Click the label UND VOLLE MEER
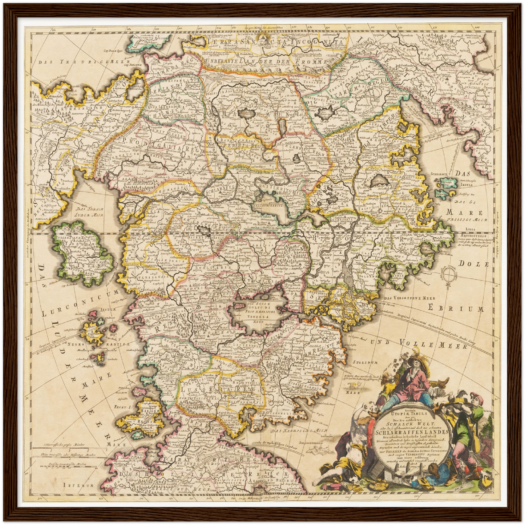pos(418,343)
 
